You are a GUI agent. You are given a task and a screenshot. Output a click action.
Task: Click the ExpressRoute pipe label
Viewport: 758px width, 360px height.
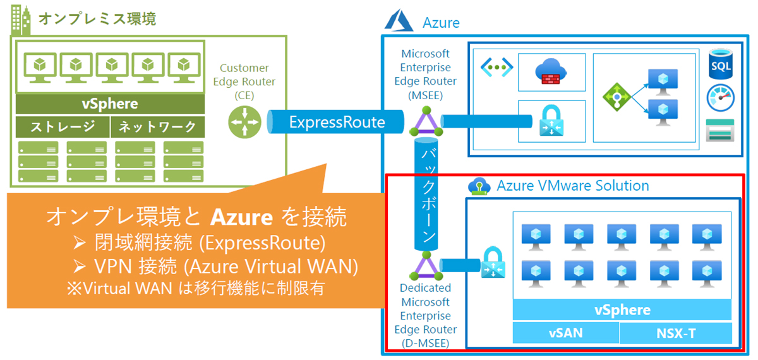pos(336,122)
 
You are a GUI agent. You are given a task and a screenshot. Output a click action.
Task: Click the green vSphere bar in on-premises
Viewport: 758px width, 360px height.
pos(110,104)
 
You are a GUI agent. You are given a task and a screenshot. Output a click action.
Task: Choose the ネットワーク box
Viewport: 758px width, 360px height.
pos(158,127)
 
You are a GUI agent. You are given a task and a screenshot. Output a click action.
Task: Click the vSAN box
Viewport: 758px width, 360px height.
pos(565,333)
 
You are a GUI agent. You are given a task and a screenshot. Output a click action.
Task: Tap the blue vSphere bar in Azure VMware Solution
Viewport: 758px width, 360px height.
pos(622,310)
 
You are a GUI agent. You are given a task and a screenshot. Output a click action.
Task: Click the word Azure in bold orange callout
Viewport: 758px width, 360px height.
pos(241,218)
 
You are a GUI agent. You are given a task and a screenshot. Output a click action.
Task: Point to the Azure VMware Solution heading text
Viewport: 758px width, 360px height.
pos(573,186)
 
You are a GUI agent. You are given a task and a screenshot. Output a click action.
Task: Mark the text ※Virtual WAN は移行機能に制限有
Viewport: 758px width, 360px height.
pos(196,289)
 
